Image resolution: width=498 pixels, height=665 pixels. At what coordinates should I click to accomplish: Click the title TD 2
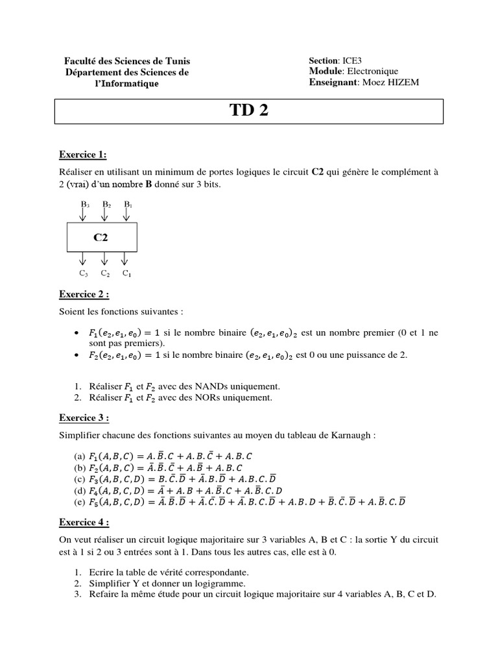tap(248, 111)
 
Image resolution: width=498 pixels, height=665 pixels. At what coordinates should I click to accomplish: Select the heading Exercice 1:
tap(82, 155)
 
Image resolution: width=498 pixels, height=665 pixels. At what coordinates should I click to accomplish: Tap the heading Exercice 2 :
tap(84, 294)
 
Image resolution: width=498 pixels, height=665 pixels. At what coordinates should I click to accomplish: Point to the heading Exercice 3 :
tap(84, 418)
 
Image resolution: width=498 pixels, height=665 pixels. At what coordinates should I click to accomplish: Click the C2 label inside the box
tap(101, 238)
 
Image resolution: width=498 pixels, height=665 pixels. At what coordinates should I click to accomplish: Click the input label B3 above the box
tap(84, 205)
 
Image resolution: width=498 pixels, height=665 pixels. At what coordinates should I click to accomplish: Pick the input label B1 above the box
tap(128, 205)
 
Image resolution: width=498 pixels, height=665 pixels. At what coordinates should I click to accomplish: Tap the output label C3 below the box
tap(84, 273)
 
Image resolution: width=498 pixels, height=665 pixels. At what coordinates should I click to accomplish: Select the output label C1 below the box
tap(126, 273)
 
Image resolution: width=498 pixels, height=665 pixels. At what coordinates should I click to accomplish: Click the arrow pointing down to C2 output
tap(104, 259)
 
